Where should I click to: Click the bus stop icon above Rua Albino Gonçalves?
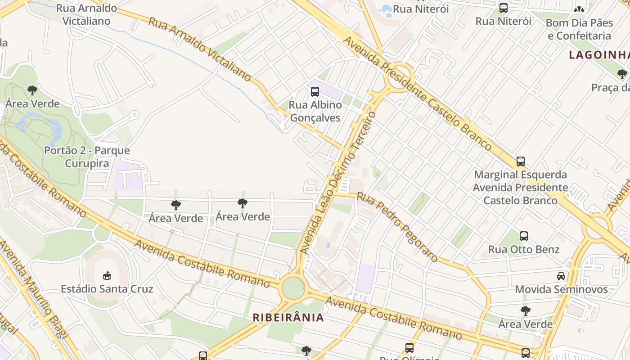315,92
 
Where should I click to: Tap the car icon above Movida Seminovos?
561,276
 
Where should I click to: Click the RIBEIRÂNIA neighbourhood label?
288,318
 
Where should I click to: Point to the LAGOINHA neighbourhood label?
599,55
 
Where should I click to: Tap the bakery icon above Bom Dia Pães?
579,9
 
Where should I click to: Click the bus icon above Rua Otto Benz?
524,236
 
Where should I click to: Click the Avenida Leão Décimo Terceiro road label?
337,182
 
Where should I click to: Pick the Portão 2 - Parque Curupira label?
87,157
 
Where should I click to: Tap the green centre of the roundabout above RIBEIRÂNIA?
293,288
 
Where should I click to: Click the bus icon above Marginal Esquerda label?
521,161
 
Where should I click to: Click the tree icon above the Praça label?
622,74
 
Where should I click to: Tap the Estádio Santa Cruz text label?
107,289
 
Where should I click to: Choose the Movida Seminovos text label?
561,289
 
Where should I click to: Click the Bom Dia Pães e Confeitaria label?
579,29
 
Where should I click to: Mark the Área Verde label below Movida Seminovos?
525,324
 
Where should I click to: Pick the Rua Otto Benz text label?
524,249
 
